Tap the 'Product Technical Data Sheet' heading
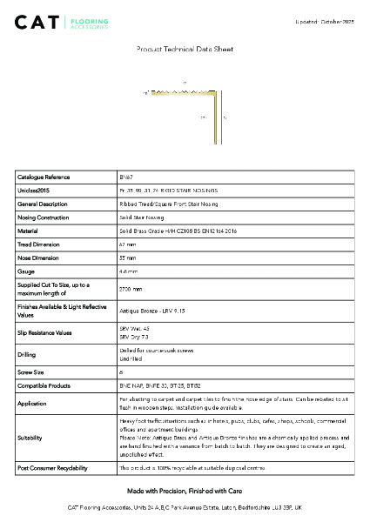coord(185,50)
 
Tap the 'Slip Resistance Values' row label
coord(46,333)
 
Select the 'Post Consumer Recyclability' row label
coord(52,468)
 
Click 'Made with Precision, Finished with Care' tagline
coord(185,492)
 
